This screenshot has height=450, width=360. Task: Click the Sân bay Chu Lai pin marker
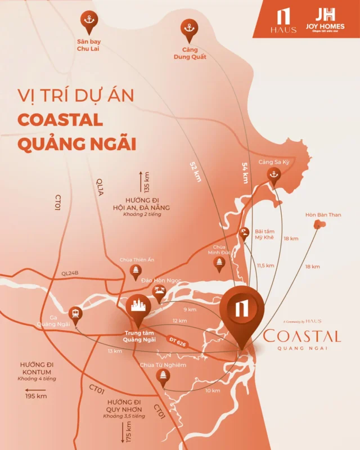[x=88, y=20]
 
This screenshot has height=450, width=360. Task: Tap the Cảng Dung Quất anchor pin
[x=188, y=29]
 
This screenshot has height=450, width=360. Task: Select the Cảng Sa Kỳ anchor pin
[x=274, y=174]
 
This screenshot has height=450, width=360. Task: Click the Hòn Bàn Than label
[x=323, y=215]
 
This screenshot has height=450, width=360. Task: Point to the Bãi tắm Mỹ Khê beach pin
[x=245, y=232]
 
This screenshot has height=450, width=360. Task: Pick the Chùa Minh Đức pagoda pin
[x=220, y=263]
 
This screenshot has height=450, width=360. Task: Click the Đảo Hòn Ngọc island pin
[x=159, y=293]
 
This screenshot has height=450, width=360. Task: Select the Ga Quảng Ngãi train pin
[x=75, y=313]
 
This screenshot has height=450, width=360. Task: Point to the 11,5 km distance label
[x=265, y=265]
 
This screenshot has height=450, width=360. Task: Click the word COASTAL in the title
[x=60, y=120]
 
